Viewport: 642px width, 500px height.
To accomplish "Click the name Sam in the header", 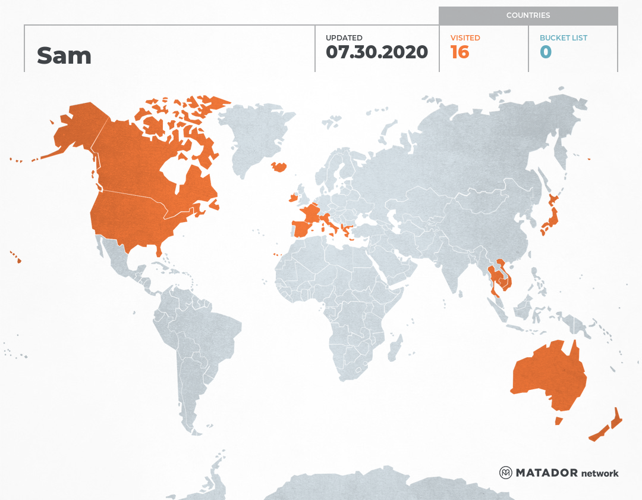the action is [x=64, y=55].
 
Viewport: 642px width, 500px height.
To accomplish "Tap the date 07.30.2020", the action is [x=377, y=52].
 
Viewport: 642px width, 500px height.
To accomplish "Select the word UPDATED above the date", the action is [x=344, y=37].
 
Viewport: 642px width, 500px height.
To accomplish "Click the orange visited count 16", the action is [x=460, y=52].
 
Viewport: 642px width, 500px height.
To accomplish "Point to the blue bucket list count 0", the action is [x=546, y=52].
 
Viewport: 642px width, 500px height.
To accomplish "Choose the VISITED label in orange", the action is [x=465, y=37].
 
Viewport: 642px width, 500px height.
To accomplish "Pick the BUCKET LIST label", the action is [x=563, y=37].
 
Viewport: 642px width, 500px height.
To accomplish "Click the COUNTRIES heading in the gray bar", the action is [x=528, y=15].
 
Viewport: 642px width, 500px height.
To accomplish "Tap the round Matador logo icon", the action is [x=505, y=473].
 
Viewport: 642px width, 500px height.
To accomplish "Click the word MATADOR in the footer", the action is [x=546, y=473].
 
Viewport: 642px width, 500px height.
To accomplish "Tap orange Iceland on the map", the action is [x=279, y=167].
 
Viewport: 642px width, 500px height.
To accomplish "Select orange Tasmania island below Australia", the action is [x=558, y=421].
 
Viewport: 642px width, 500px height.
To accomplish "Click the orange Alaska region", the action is [x=77, y=131].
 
